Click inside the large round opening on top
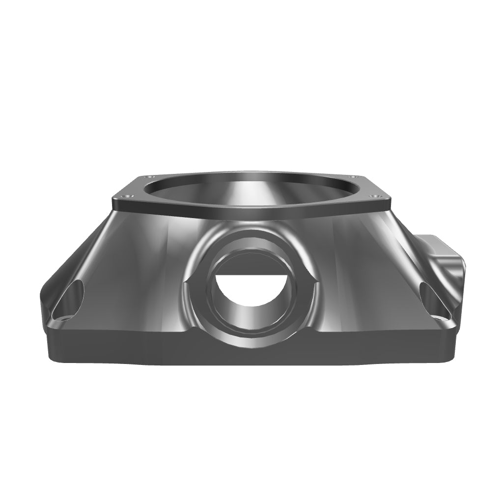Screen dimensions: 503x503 (251, 189)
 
